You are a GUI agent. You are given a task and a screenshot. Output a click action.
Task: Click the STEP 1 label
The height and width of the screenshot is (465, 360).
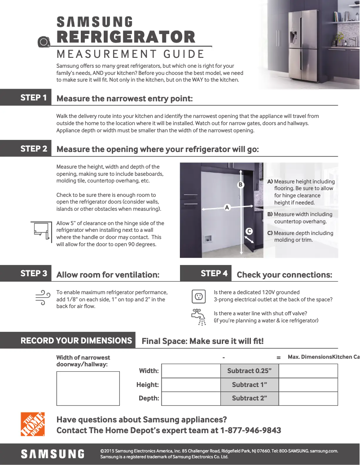pyautogui.click(x=33, y=97)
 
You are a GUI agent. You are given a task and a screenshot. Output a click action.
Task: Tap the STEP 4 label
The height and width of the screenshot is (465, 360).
pyautogui.click(x=214, y=273)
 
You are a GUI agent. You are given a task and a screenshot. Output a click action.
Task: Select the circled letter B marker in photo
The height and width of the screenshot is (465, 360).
pyautogui.click(x=240, y=185)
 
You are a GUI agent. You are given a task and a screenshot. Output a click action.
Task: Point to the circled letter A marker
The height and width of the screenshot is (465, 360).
pyautogui.click(x=227, y=208)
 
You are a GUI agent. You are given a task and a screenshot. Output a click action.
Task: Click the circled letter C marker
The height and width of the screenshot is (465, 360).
pyautogui.click(x=249, y=231)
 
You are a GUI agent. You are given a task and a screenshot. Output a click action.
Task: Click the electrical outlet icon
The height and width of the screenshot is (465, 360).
pyautogui.click(x=198, y=296)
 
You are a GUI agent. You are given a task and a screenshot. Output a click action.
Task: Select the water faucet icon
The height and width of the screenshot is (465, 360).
pyautogui.click(x=198, y=317)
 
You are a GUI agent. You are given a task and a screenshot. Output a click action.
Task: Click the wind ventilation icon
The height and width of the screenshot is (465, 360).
pyautogui.click(x=42, y=297)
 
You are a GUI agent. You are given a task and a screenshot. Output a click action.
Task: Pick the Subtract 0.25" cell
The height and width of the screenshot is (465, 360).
pyautogui.click(x=250, y=371)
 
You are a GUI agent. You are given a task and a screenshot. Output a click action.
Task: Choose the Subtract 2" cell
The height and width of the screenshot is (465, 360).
pyautogui.click(x=250, y=398)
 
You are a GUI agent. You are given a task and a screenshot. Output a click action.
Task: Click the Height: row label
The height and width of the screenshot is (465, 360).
pyautogui.click(x=148, y=385)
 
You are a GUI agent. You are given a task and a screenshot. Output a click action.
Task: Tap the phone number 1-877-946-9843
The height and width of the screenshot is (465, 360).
pyautogui.click(x=250, y=430)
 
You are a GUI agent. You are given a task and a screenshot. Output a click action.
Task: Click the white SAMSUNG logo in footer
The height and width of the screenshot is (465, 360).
pyautogui.click(x=53, y=454)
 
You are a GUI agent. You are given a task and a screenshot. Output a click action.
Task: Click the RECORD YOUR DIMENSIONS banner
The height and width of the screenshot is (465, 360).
pyautogui.click(x=76, y=340)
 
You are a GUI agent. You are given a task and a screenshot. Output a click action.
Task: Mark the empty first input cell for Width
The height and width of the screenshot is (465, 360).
pyautogui.click(x=191, y=371)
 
